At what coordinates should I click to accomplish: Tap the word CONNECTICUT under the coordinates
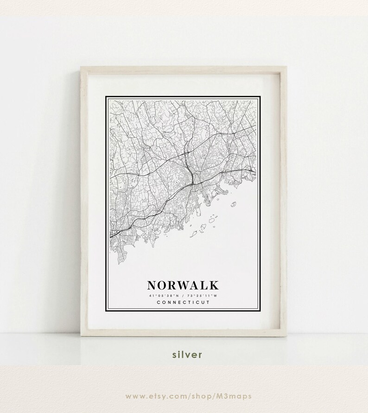click(x=183, y=302)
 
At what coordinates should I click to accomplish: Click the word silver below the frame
click(x=187, y=355)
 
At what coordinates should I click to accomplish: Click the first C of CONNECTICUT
click(x=159, y=302)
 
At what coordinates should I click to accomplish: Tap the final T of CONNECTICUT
click(x=208, y=302)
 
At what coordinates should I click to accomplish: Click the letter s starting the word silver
click(x=174, y=355)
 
